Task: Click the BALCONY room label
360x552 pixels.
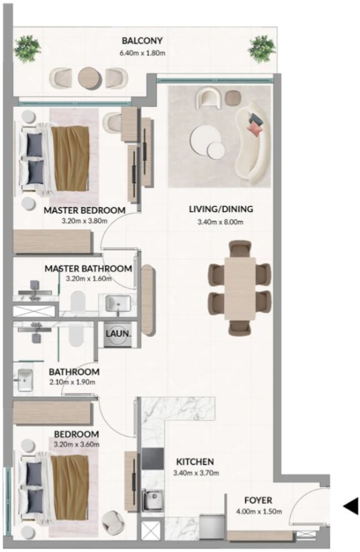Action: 142,41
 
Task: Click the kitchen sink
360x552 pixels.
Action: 153,500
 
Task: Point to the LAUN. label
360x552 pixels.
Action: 118,333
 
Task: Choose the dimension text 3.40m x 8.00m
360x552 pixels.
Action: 220,222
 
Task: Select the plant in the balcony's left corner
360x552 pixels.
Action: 27,50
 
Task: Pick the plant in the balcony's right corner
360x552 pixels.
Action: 262,50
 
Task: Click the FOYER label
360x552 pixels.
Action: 258,500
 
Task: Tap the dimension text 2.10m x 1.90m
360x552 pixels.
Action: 72,382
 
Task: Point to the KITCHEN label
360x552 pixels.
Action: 195,462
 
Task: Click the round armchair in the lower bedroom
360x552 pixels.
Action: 112,521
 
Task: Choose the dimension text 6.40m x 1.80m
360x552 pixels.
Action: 142,52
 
